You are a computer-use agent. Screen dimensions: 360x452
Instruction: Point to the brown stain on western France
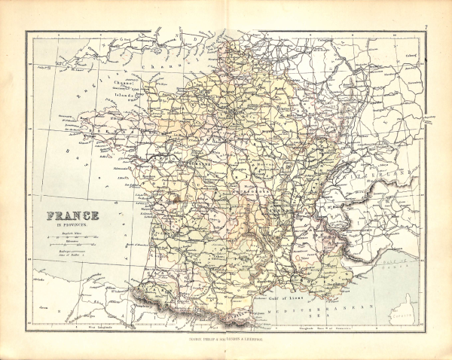[175, 200]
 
